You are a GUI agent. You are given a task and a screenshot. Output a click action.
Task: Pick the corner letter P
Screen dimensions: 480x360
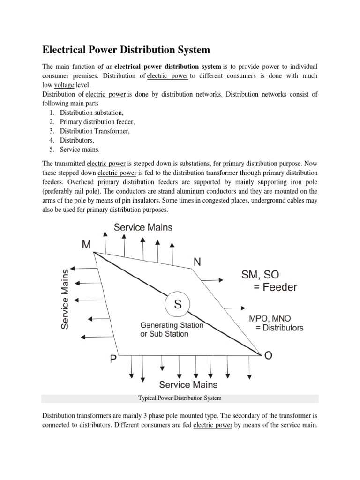coord(112,360)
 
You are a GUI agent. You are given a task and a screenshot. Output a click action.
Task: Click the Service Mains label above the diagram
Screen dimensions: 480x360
coord(143,227)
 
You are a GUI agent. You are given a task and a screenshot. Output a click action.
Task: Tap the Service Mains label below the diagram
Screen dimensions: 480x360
coord(188,384)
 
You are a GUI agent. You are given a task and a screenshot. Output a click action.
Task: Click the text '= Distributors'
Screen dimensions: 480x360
coord(279,328)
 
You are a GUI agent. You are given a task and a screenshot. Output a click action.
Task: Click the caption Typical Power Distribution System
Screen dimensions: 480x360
coord(180,398)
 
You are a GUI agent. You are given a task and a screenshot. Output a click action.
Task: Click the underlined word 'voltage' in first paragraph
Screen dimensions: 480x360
coord(64,85)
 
